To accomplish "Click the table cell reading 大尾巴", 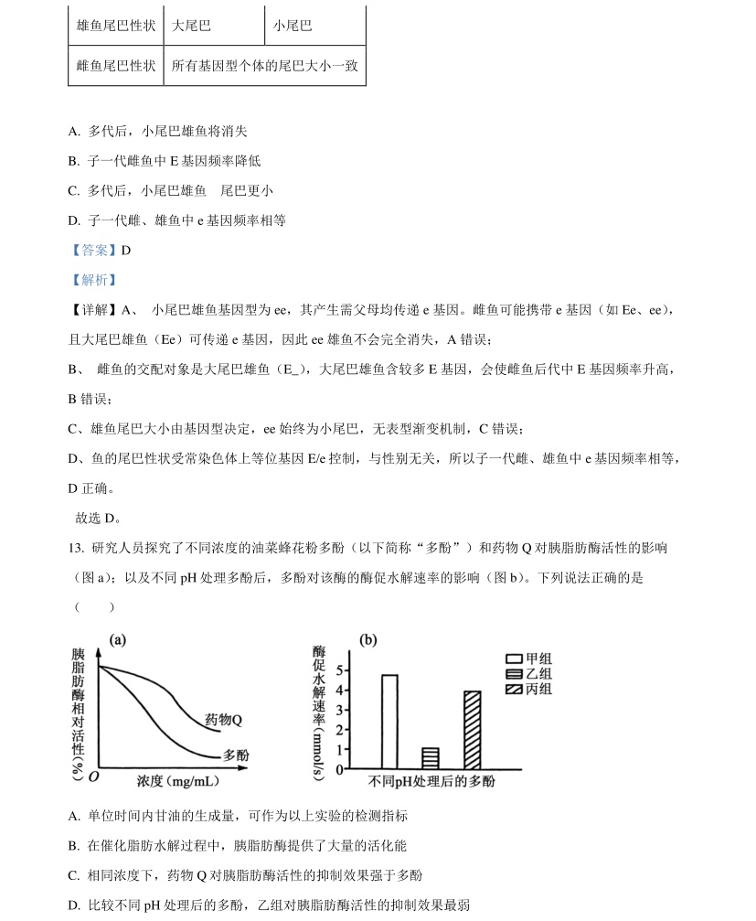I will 191,26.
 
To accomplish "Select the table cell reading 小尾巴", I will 293,26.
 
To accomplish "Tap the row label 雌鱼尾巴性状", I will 116,67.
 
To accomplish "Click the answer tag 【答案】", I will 93,250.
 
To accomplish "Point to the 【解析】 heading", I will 93,280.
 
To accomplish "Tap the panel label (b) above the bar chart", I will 368,640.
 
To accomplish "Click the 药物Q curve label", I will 223,720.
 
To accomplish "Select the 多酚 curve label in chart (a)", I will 235,755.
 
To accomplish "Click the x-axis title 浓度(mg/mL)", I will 177,781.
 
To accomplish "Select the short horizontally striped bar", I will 430,757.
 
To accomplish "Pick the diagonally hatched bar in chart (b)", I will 472,729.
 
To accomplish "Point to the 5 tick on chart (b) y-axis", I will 340,670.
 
